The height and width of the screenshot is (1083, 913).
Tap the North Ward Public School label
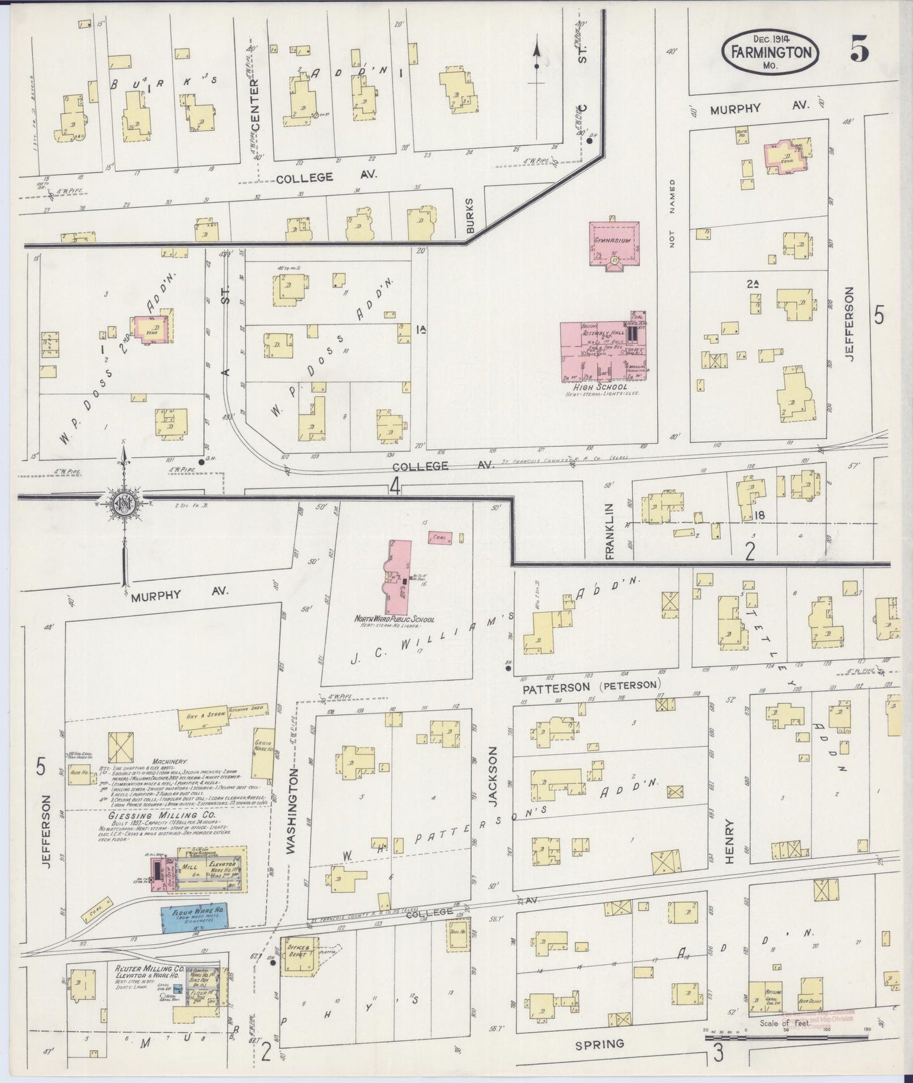(x=394, y=619)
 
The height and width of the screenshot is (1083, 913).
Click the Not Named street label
(x=672, y=213)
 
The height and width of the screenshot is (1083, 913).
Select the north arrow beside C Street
(x=536, y=63)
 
